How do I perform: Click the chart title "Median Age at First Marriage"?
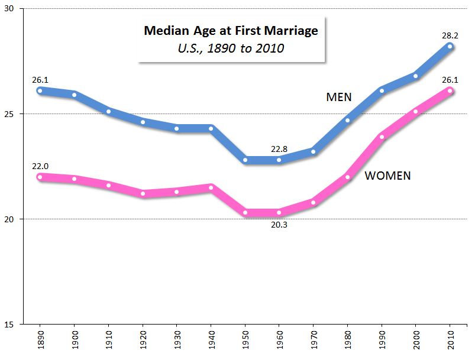[231, 31]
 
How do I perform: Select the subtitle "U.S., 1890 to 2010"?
[231, 48]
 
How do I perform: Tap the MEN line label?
[339, 97]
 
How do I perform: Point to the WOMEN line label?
[387, 176]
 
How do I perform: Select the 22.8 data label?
[279, 150]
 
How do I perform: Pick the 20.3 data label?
[279, 224]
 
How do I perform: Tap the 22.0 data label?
[40, 167]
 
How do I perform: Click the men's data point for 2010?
[450, 46]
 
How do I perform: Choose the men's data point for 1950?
[245, 160]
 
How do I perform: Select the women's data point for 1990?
[382, 137]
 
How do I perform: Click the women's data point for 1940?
[211, 187]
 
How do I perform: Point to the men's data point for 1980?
[347, 120]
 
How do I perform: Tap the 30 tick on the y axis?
[12, 9]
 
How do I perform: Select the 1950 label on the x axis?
[245, 340]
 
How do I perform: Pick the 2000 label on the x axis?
[416, 340]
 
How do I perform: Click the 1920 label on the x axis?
[143, 340]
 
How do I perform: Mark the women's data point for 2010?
[450, 90]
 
